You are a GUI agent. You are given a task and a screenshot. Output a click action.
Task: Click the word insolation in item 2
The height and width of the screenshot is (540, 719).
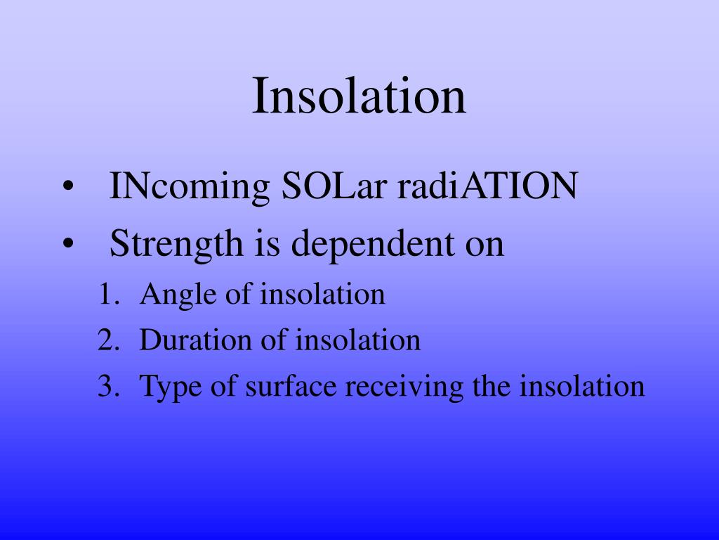point(358,341)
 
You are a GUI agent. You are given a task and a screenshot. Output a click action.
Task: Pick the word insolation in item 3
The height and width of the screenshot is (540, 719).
point(582,387)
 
